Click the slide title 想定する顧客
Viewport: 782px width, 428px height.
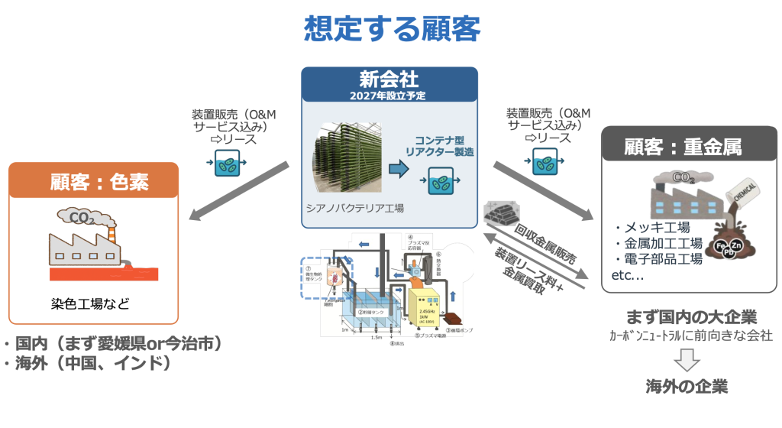391,28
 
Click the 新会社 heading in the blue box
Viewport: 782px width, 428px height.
389,80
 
